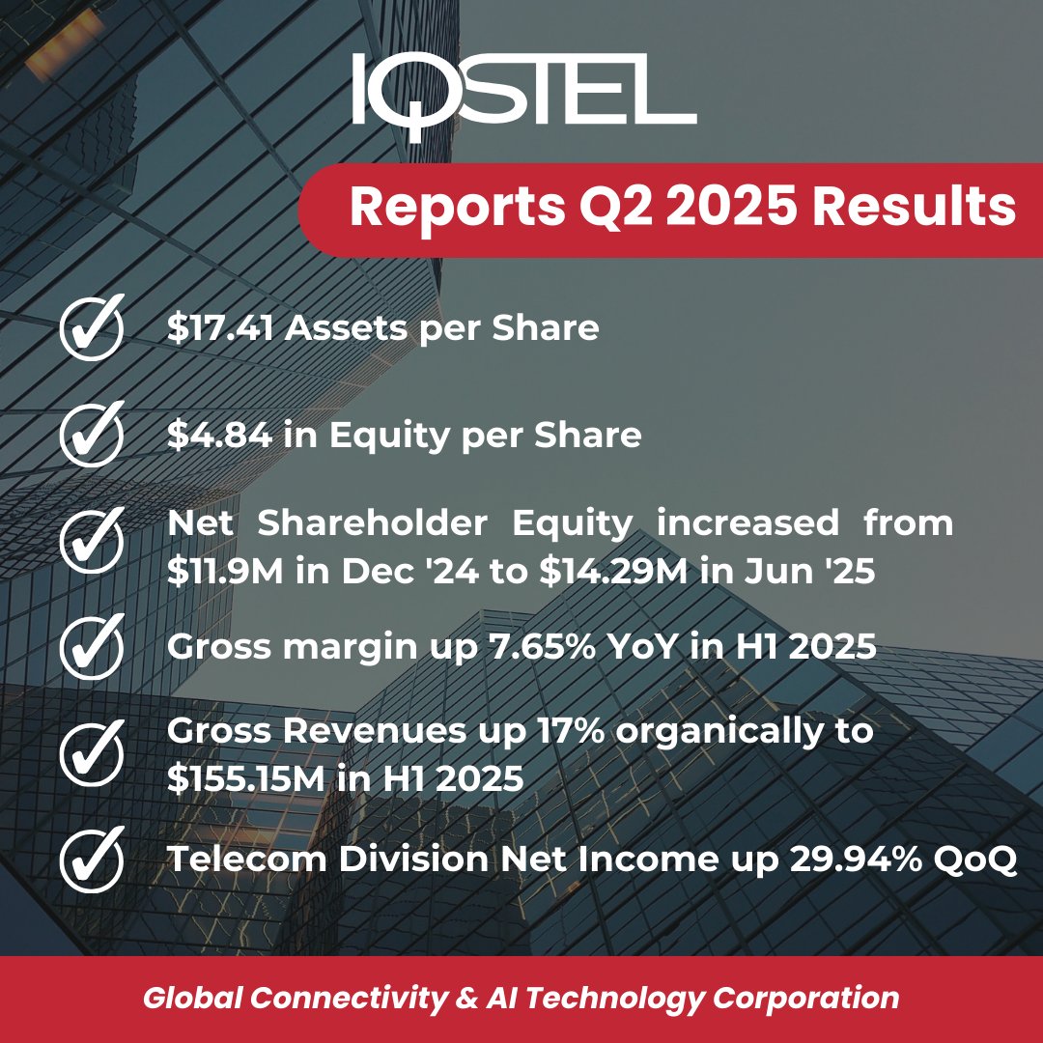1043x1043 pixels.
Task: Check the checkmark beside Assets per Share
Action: pyautogui.click(x=92, y=329)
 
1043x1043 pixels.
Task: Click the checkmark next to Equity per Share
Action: pyautogui.click(x=92, y=436)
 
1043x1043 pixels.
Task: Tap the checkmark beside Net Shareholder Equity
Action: pyautogui.click(x=92, y=542)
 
